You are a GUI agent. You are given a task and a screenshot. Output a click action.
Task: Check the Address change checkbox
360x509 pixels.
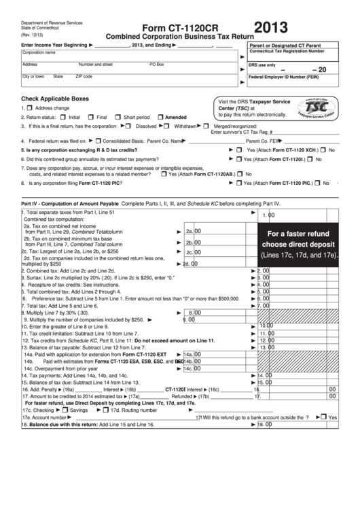pyautogui.click(x=29, y=108)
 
